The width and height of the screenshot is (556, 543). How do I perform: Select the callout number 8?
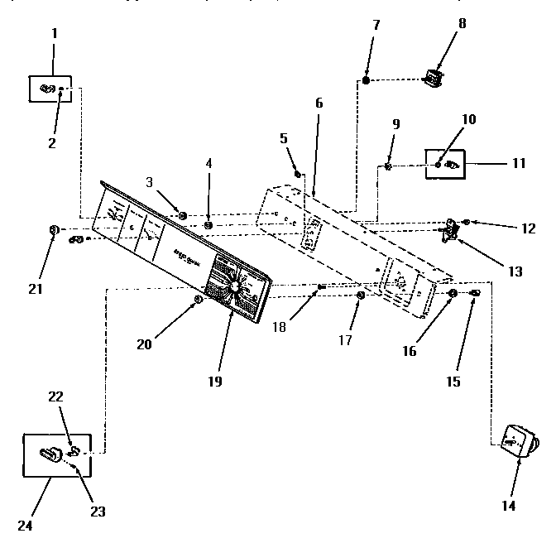point(462,23)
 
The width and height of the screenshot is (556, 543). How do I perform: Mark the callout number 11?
point(518,163)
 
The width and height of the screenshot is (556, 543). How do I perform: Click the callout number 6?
point(319,103)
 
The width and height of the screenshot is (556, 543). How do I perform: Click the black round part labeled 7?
point(366,80)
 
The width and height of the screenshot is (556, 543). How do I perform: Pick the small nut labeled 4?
point(208,224)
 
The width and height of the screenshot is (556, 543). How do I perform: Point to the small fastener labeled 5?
point(299,173)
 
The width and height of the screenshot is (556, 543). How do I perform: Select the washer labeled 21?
point(54,229)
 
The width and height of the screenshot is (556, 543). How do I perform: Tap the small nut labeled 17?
point(361,296)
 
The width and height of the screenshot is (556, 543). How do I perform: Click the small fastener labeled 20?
point(197,299)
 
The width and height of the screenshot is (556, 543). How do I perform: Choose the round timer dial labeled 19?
point(236,286)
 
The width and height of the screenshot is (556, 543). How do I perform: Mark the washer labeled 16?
point(453,294)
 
